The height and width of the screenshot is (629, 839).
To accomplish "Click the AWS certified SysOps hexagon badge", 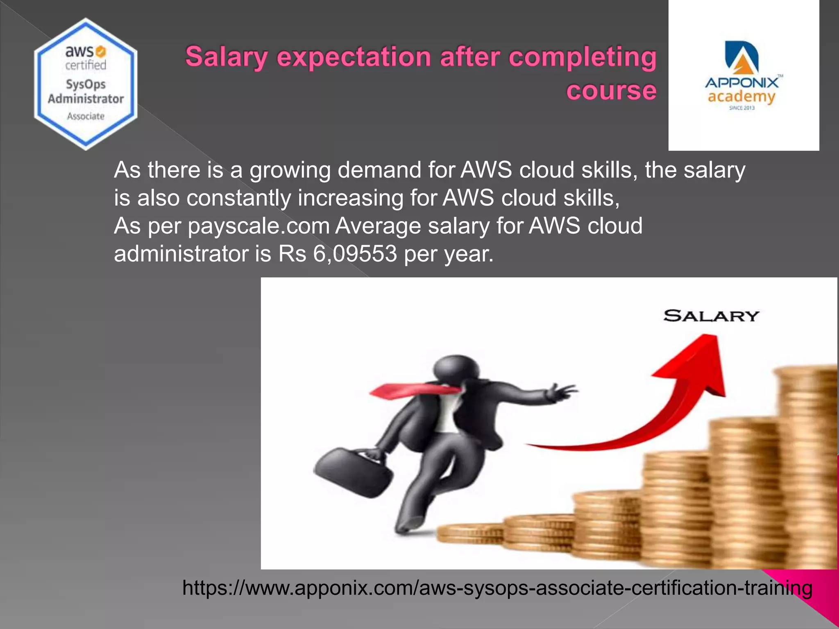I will (86, 84).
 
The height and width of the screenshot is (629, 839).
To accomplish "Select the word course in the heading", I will (611, 91).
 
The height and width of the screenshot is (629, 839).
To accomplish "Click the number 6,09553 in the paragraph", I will (355, 254).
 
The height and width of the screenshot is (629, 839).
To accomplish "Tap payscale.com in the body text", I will (259, 226).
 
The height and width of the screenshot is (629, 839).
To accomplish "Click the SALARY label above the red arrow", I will (711, 316).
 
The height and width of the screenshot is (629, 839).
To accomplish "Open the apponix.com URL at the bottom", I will (497, 588).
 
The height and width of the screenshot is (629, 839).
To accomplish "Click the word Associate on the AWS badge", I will (86, 116).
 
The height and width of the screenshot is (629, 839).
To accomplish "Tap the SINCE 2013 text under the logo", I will (741, 108).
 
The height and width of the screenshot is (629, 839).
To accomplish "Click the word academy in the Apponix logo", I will (741, 97).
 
